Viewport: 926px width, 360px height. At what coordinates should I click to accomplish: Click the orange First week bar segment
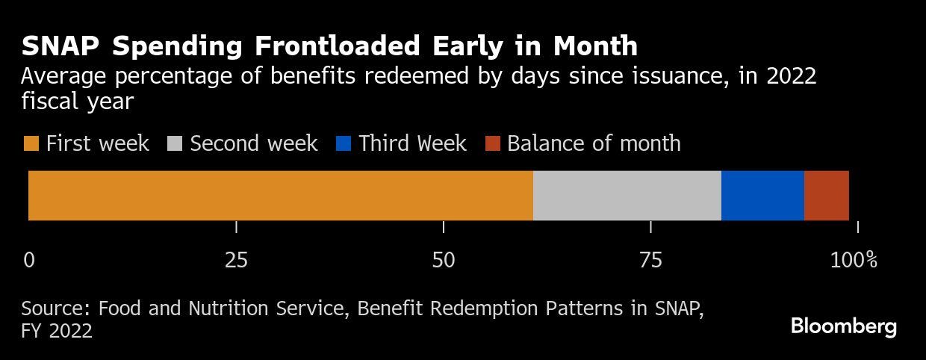281,196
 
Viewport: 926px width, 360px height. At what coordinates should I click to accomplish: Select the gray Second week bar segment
627,196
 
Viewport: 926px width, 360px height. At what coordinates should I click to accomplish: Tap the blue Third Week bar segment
762,196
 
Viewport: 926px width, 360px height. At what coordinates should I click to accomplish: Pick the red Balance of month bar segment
827,196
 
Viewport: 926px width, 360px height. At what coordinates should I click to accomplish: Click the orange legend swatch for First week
31,143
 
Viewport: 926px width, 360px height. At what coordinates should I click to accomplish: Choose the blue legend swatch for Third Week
344,143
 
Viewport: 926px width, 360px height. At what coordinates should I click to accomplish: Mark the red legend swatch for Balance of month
493,143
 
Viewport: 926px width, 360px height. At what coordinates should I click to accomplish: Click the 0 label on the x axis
29,260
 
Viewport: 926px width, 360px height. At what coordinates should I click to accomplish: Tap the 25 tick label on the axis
236,260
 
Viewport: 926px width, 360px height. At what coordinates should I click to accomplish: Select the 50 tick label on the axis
444,260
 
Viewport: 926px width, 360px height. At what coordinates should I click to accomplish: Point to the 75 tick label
651,260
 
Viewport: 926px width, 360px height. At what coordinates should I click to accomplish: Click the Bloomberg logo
843,326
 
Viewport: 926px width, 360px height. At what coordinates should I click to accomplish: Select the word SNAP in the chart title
62,46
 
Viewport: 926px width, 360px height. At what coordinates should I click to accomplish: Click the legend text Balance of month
594,143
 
